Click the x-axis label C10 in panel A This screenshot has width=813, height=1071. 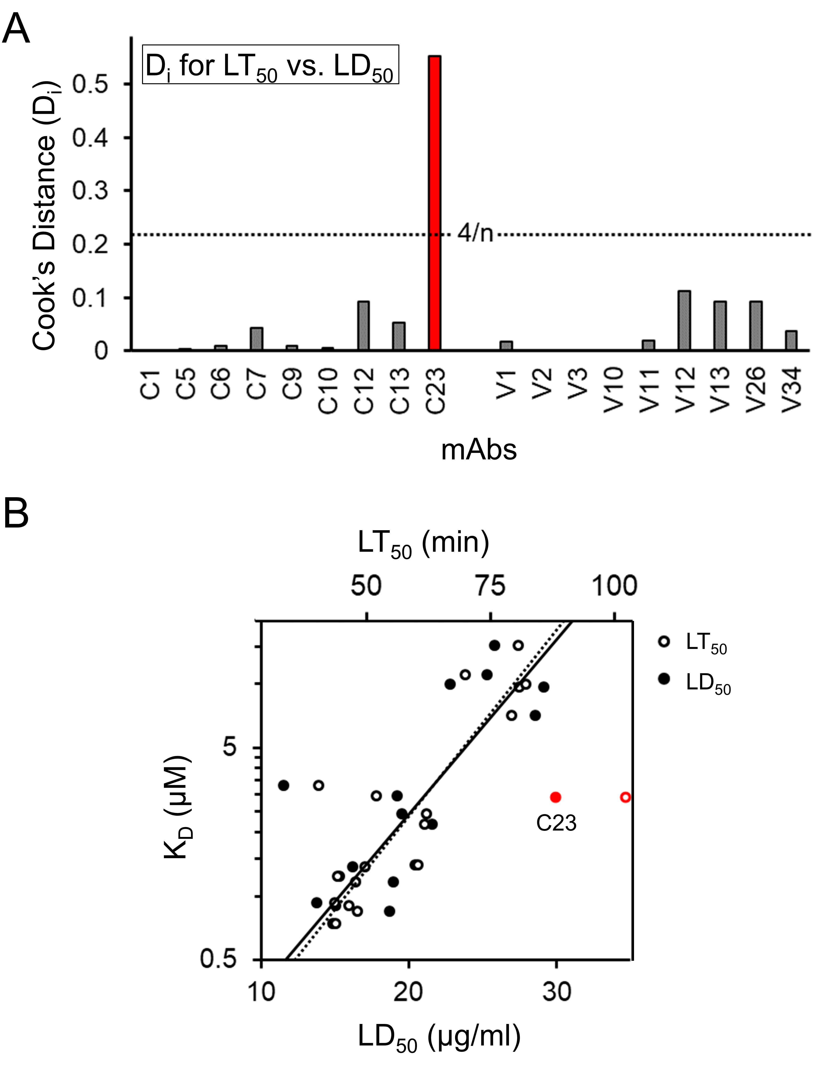(x=328, y=391)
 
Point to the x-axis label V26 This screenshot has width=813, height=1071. (x=756, y=390)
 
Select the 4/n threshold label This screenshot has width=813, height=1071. (x=475, y=234)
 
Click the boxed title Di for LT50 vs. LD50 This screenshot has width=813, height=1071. (x=270, y=65)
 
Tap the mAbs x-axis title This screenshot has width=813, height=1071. (x=479, y=450)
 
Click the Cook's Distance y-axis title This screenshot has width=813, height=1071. (x=44, y=215)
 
